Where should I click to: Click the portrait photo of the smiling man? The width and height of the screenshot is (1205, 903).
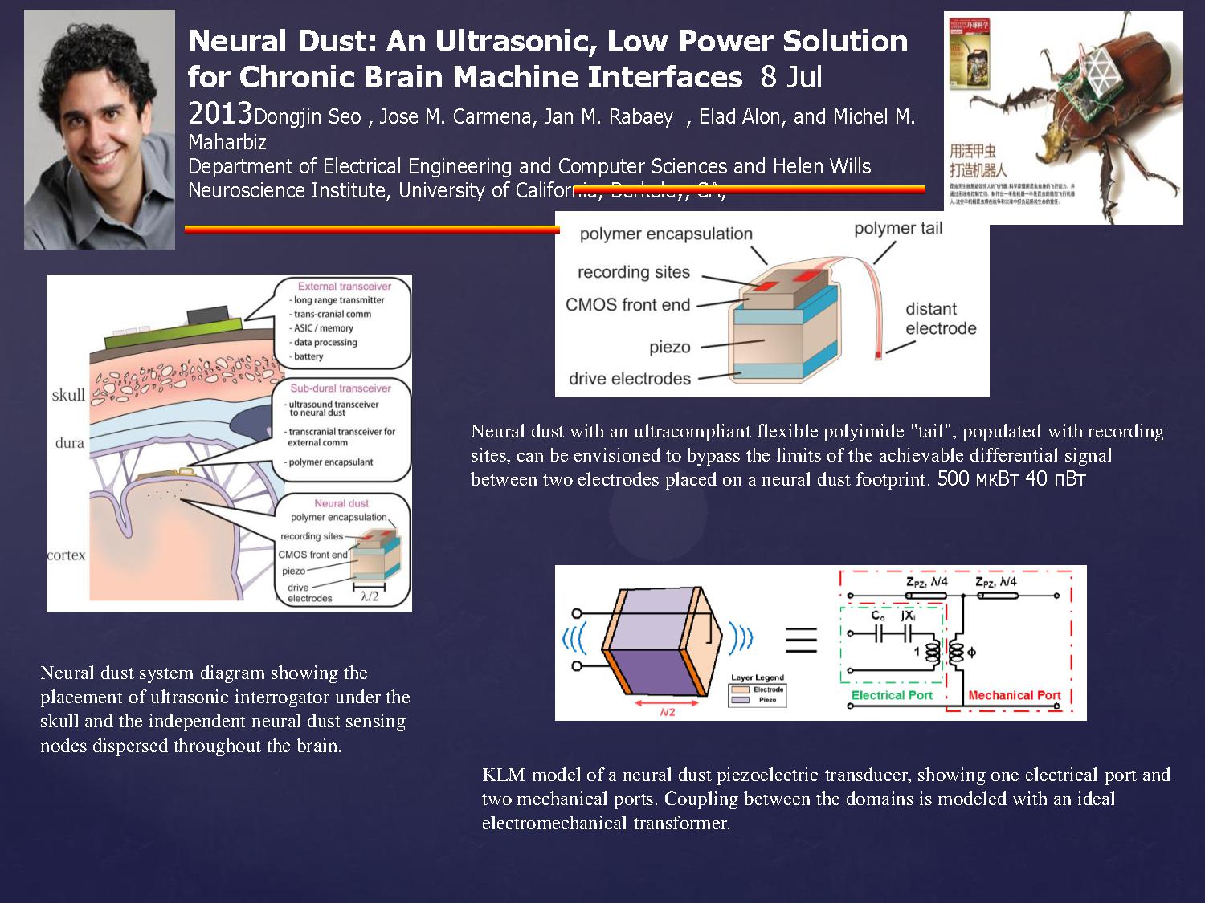point(100,129)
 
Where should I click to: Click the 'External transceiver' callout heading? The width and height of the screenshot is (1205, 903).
point(344,286)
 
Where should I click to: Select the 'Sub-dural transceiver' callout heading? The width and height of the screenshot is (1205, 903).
point(341,388)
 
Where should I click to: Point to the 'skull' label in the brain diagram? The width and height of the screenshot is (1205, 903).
point(68,394)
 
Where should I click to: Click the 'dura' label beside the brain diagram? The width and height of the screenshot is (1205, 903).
point(70,442)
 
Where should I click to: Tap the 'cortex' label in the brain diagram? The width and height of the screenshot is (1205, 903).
point(67,555)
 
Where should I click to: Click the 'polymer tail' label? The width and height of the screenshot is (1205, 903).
point(897,228)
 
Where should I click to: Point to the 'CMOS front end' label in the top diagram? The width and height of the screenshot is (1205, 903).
point(627,304)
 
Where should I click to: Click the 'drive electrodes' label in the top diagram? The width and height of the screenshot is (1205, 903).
point(629,378)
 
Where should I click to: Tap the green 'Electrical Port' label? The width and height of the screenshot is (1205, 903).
point(892,695)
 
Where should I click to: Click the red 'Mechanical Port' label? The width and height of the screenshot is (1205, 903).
point(1014,695)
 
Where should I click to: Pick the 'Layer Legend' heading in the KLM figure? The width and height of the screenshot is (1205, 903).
point(757,677)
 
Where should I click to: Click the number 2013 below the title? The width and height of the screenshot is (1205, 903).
point(220,113)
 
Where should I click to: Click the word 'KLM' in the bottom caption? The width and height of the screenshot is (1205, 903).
point(504,775)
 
